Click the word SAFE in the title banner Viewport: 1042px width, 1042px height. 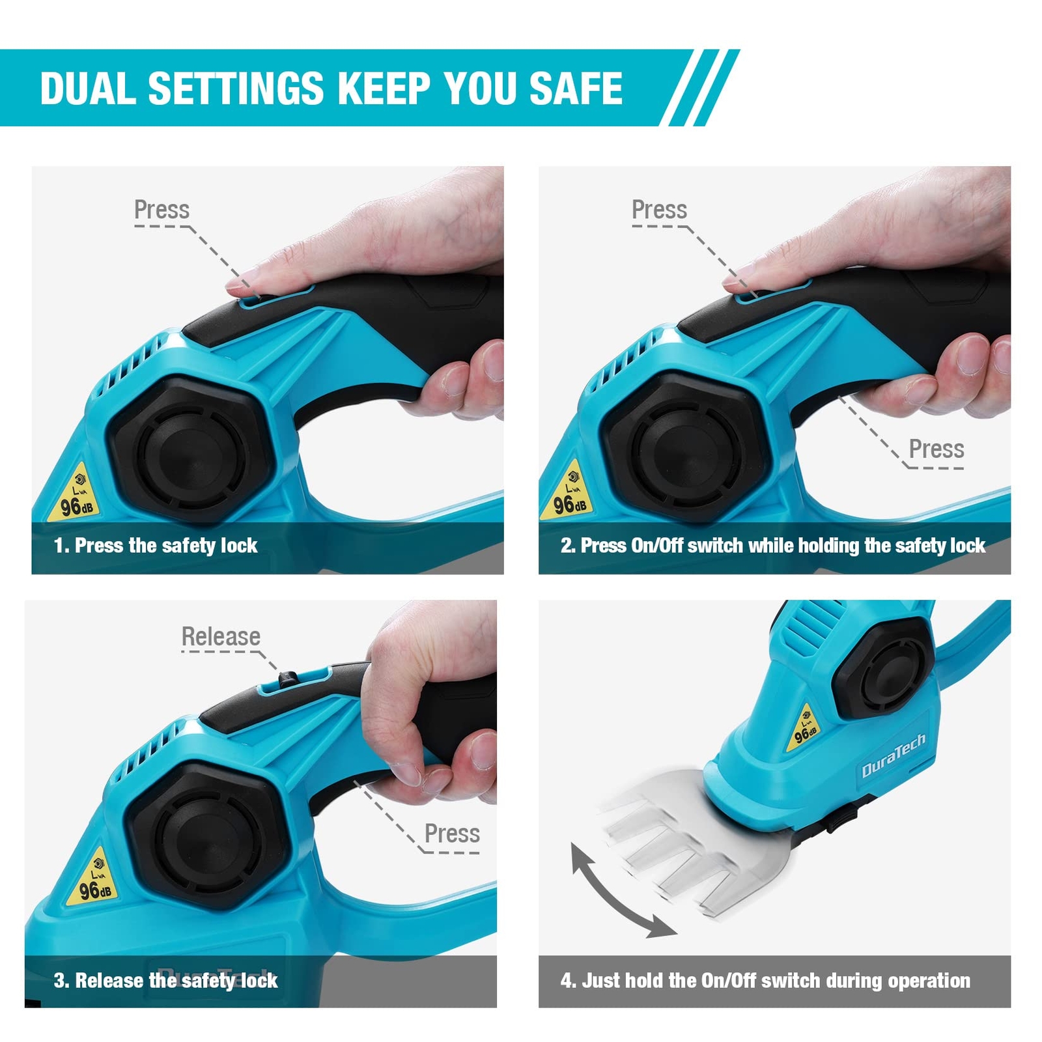click(x=575, y=88)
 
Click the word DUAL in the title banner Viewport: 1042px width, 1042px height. click(x=87, y=88)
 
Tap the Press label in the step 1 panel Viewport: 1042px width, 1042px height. click(x=162, y=210)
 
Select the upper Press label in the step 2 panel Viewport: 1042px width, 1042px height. click(x=659, y=210)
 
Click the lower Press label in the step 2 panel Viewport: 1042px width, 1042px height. click(x=936, y=449)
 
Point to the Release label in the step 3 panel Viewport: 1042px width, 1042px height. click(x=221, y=636)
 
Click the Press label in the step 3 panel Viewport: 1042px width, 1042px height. click(x=452, y=834)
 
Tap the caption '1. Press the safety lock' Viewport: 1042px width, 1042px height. click(x=156, y=545)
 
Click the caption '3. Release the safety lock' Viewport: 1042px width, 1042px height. click(x=165, y=980)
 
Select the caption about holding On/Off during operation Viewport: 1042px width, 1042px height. click(x=765, y=980)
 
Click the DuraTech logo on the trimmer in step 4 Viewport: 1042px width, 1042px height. click(x=893, y=755)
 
